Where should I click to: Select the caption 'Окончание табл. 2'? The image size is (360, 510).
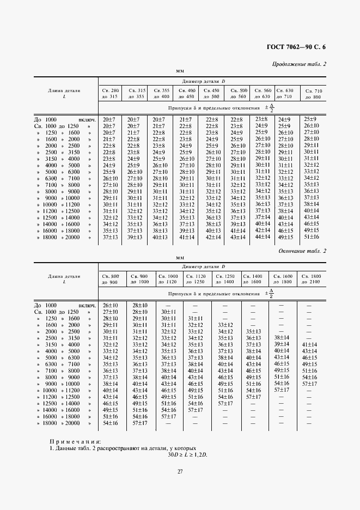pyautogui.click(x=302, y=251)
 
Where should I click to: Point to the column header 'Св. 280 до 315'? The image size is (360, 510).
pyautogui.click(x=110, y=93)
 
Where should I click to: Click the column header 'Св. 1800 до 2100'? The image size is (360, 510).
pyautogui.click(x=312, y=279)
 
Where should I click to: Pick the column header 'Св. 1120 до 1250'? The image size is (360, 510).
pyautogui.click(x=195, y=279)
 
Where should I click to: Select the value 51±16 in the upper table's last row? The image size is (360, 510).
pyautogui.click(x=311, y=236)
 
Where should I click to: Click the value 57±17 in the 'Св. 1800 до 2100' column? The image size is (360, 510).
pyautogui.click(x=309, y=384)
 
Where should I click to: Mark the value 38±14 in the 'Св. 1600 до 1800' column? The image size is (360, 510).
pyautogui.click(x=281, y=338)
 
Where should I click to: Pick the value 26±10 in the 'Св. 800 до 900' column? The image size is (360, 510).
pyautogui.click(x=110, y=305)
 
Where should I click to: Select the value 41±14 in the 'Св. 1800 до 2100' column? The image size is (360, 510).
pyautogui.click(x=309, y=344)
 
